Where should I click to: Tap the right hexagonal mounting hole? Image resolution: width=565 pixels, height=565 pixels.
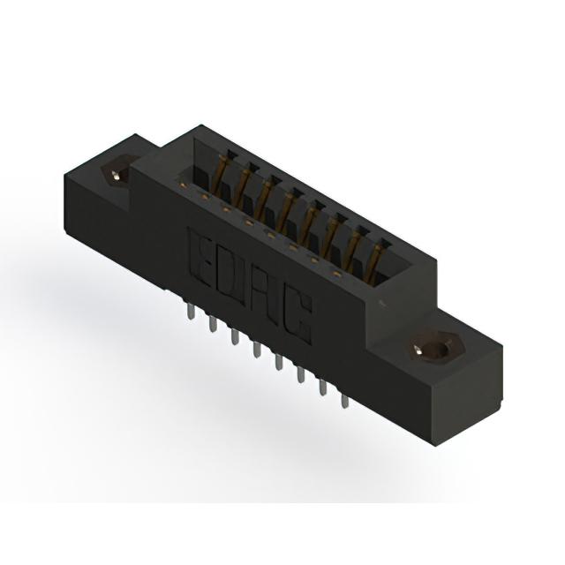[433, 347]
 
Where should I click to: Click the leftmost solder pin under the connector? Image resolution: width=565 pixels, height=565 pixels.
[191, 311]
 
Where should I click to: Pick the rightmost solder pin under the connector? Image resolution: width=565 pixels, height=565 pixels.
[345, 401]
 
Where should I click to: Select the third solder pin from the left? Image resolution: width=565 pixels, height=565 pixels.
[235, 336]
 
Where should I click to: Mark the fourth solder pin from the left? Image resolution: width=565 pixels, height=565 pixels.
[257, 350]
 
